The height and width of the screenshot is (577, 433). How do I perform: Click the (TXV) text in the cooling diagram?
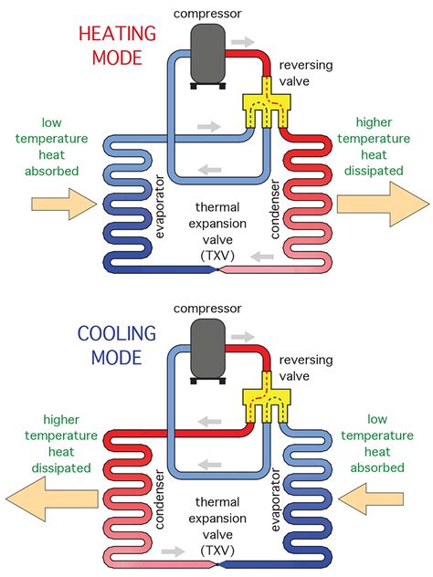216,552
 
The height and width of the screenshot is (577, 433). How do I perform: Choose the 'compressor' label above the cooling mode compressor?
214,309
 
